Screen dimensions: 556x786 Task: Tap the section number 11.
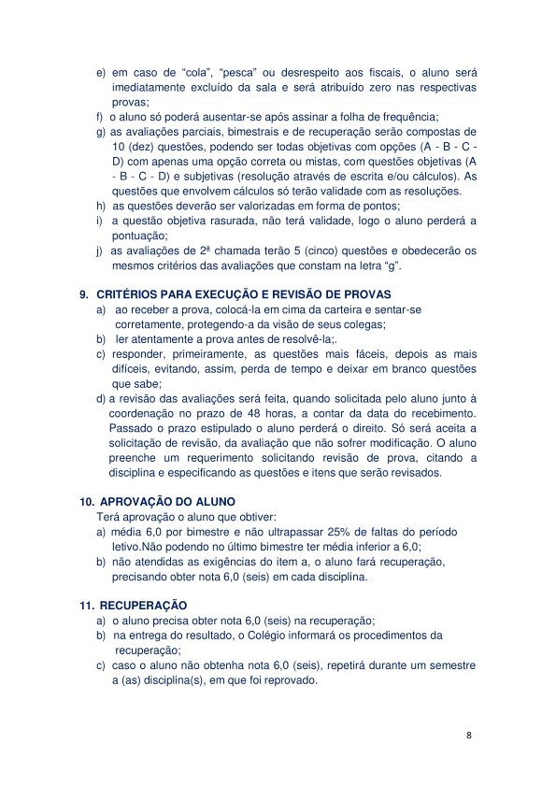pyautogui.click(x=86, y=606)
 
